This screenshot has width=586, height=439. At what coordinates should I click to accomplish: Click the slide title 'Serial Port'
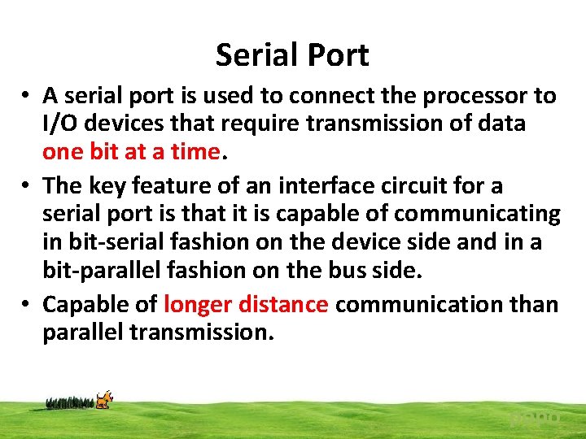click(x=292, y=55)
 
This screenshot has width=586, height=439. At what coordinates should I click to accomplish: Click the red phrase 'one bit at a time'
click(x=131, y=152)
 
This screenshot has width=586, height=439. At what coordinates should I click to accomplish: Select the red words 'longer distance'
click(x=246, y=305)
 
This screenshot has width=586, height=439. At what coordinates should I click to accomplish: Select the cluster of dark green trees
click(x=70, y=402)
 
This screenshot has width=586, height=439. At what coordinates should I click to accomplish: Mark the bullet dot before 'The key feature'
click(x=27, y=186)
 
